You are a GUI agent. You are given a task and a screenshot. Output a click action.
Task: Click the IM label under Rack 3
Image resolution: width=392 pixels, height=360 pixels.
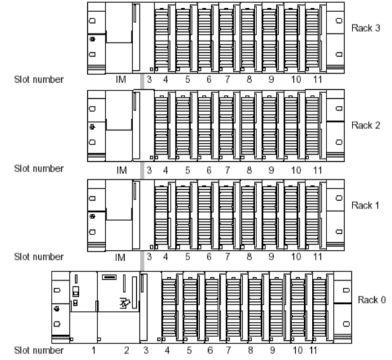click(121, 81)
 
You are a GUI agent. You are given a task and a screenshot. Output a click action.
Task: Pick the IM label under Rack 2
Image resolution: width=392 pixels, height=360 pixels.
click(121, 169)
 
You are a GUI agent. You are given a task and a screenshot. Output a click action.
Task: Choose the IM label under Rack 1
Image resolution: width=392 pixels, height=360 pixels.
click(121, 257)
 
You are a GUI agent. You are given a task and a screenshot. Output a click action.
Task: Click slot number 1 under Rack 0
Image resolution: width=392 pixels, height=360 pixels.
click(94, 350)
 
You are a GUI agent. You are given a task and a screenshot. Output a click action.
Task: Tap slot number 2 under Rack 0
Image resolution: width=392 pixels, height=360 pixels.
click(127, 350)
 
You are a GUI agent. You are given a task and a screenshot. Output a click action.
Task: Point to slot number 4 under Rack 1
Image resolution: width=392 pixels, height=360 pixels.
click(165, 257)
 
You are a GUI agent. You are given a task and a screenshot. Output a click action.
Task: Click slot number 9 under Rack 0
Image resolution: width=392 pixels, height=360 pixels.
click(273, 350)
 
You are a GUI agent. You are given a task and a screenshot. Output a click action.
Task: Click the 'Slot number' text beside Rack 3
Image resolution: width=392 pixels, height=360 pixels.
click(38, 81)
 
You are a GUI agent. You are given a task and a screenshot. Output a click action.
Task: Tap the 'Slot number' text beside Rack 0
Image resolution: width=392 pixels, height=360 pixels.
click(38, 350)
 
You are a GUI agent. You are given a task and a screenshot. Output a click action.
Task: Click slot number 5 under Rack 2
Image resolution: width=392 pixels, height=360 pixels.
click(188, 169)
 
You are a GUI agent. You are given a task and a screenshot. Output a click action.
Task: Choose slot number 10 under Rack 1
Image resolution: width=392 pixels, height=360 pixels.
click(296, 257)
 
